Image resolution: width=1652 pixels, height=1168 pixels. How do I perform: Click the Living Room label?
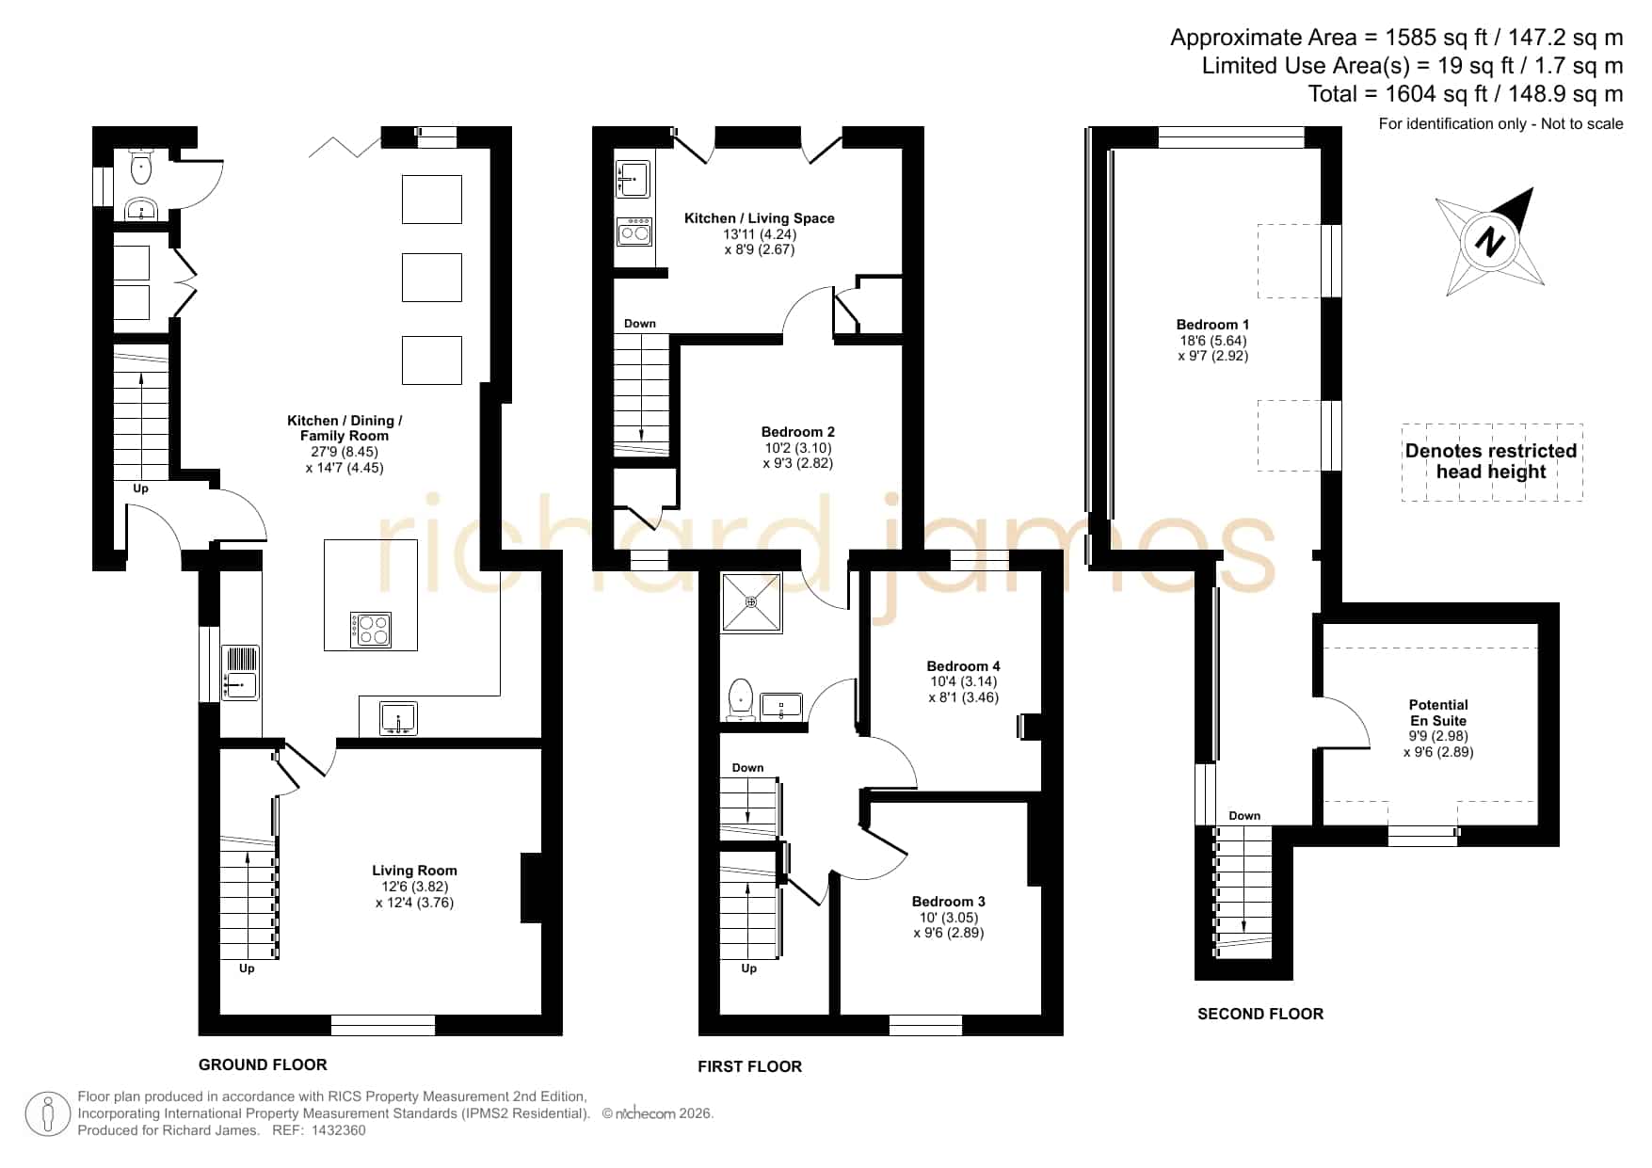tap(414, 871)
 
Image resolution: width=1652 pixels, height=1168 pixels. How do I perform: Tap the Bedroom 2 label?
tap(798, 432)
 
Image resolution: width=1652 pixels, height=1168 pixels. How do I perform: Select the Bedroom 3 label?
tap(949, 902)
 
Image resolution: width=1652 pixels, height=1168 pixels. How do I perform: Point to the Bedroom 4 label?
tap(963, 666)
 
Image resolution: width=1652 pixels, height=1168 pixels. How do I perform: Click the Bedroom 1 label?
tap(1212, 325)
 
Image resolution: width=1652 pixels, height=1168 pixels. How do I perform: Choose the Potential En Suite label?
tap(1438, 712)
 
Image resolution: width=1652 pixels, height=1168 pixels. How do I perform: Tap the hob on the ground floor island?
tap(371, 630)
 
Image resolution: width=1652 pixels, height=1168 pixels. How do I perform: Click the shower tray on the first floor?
tap(751, 602)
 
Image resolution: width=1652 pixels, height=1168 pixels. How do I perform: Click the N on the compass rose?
tap(1489, 243)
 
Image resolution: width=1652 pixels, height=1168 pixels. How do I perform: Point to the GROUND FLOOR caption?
tap(263, 1064)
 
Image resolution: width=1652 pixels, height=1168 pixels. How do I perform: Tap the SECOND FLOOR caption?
tap(1260, 1014)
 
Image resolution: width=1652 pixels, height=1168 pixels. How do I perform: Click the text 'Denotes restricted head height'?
tap(1491, 461)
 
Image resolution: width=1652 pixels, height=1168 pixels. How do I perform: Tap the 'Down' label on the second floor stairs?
tap(1244, 816)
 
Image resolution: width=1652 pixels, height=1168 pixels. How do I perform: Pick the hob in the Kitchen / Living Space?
tap(634, 231)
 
